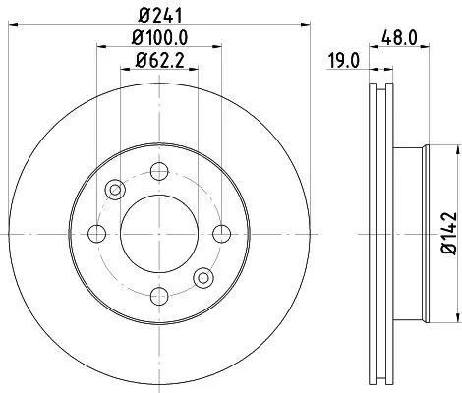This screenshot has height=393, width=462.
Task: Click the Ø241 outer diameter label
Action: click(x=158, y=17)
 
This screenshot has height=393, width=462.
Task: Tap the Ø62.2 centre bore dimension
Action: click(x=158, y=66)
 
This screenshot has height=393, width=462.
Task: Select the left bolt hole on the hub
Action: click(x=96, y=233)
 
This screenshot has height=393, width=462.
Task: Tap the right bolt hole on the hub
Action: click(x=220, y=233)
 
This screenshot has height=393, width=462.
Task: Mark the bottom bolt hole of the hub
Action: click(x=157, y=295)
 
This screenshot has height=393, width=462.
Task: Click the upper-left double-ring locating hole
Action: click(x=114, y=190)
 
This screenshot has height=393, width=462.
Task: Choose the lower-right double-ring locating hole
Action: click(x=202, y=277)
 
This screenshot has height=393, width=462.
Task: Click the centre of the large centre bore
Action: click(x=157, y=233)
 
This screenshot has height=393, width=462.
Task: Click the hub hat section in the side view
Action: click(x=413, y=233)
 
